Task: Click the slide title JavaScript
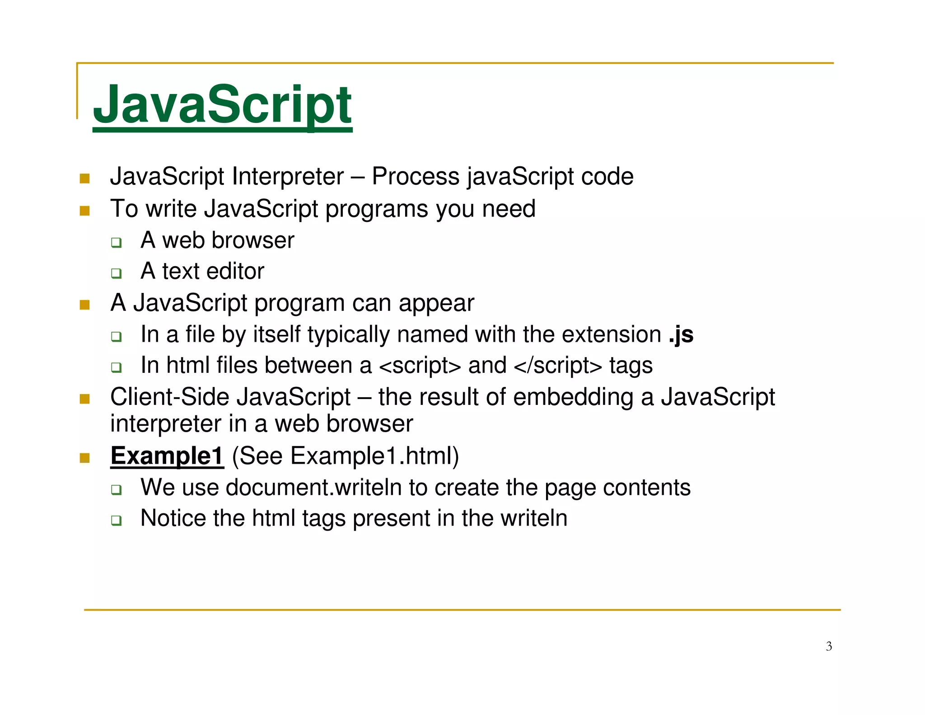(222, 105)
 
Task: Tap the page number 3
(829, 646)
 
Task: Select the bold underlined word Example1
(167, 456)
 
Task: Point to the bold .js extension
(681, 335)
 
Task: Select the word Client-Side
(170, 397)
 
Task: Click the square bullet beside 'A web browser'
(117, 242)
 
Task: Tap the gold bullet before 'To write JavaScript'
(84, 211)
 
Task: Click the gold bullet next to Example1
(84, 458)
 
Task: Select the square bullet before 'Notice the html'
(117, 520)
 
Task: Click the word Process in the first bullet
(416, 176)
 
